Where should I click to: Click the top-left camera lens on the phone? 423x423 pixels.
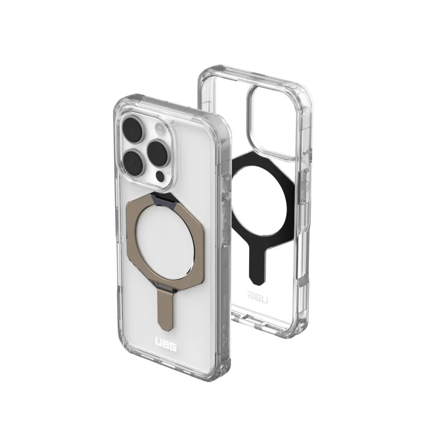pyautogui.click(x=132, y=129)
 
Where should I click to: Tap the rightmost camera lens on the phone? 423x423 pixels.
pyautogui.click(x=157, y=152)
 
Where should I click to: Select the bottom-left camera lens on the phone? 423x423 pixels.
pyautogui.click(x=132, y=163)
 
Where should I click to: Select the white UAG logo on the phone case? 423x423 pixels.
pyautogui.click(x=166, y=343)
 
